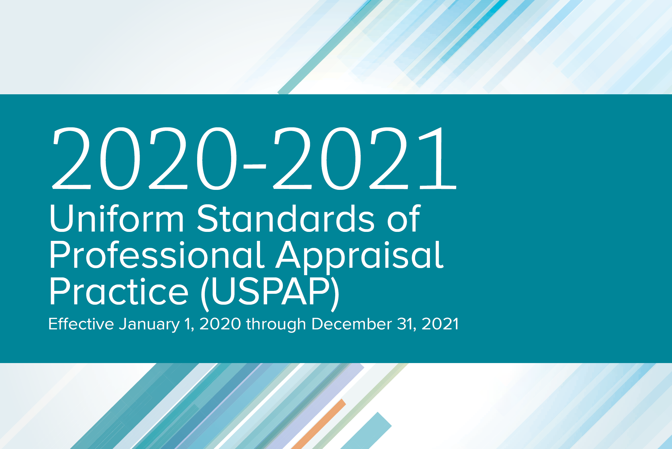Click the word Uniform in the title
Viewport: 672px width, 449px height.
tap(117, 219)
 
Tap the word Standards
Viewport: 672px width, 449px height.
tap(285, 219)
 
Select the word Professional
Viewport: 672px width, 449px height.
tap(157, 256)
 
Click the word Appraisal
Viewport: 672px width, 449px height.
tap(360, 256)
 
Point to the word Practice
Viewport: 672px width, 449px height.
tap(118, 292)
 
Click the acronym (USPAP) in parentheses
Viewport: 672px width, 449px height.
tap(270, 292)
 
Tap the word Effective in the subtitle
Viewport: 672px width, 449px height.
tap(81, 324)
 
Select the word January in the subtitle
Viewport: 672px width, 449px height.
tap(149, 324)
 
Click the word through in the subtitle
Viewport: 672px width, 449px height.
tap(276, 324)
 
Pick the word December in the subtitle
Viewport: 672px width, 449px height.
tap(352, 324)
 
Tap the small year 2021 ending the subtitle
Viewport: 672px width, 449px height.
tap(440, 324)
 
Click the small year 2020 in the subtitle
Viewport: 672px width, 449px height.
tap(220, 324)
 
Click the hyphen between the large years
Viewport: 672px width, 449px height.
tap(255, 166)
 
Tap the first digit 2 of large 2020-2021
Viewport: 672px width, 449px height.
tap(71, 158)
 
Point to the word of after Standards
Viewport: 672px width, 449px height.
tap(404, 219)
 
